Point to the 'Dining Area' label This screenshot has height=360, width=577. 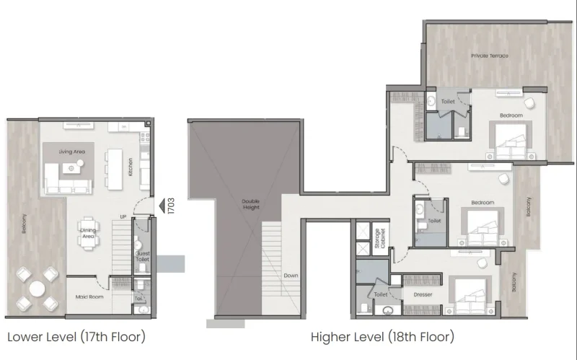coord(88,233)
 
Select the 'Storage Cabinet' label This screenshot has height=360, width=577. coord(378,238)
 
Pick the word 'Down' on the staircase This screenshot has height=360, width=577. coord(291,276)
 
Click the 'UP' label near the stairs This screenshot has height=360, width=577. coord(124,216)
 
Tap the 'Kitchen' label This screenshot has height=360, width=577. coord(131,167)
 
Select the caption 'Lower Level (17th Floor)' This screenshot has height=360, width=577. coord(77,336)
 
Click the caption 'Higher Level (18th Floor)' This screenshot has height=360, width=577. coord(382,336)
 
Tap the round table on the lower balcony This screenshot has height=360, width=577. coord(36,287)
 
